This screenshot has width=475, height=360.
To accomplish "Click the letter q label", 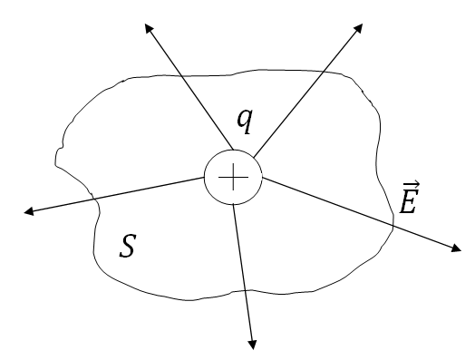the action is click(x=245, y=122).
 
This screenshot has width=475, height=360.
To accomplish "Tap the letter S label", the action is click(x=127, y=246).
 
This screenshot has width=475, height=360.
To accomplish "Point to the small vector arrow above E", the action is click(x=412, y=184).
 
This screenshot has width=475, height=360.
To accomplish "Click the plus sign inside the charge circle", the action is click(x=233, y=177).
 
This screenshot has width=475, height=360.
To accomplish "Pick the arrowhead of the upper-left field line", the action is click(x=149, y=28).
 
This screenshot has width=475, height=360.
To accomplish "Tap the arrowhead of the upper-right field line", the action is click(x=358, y=28).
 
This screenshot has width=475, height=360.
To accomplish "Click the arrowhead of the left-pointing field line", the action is click(x=28, y=211).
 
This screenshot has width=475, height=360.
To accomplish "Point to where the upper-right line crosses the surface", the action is click(x=324, y=72).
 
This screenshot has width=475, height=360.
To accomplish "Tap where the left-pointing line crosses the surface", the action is click(x=95, y=199).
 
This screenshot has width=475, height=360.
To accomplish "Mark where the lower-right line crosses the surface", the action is click(x=393, y=226).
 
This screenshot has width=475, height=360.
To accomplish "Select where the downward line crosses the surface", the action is click(x=244, y=291).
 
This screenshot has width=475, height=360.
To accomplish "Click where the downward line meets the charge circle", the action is click(x=234, y=205).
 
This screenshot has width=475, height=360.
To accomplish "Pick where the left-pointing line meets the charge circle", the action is click(x=205, y=178).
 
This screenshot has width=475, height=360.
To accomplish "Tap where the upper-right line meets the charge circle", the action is click(x=254, y=157).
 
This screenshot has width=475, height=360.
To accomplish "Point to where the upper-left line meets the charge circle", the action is click(x=233, y=150).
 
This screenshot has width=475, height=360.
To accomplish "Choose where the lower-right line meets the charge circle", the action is click(x=262, y=178).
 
